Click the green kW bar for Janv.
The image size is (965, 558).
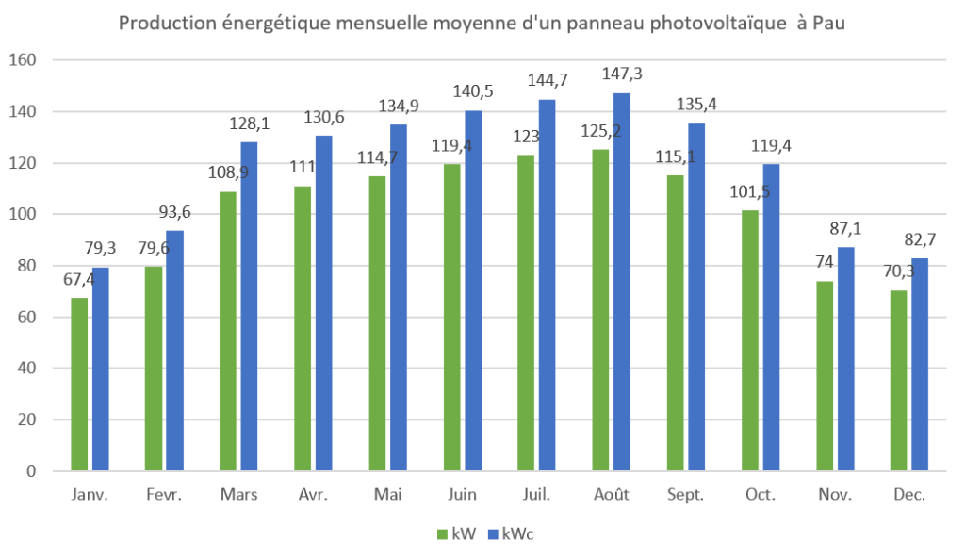pyautogui.click(x=79, y=385)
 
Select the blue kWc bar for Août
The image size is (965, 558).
pyautogui.click(x=622, y=282)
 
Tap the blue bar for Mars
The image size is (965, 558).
pyautogui.click(x=249, y=306)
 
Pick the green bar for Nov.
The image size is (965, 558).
pyautogui.click(x=825, y=376)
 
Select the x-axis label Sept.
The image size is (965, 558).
pyautogui.click(x=685, y=495)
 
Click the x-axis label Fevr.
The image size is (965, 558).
pyautogui.click(x=164, y=495)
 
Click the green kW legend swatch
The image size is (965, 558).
pyautogui.click(x=440, y=534)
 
